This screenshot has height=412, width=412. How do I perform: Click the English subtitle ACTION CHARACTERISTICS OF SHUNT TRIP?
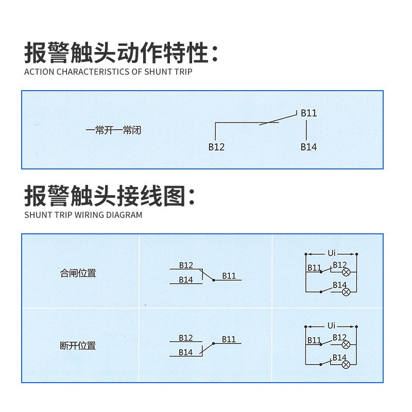(x=108, y=72)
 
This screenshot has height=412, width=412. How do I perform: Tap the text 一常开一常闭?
(x=113, y=130)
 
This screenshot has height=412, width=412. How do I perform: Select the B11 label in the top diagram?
(x=308, y=113)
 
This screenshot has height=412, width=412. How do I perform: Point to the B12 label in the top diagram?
(x=216, y=147)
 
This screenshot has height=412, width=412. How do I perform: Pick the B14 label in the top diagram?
(x=308, y=147)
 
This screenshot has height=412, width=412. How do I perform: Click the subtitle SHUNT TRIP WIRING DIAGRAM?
(x=83, y=215)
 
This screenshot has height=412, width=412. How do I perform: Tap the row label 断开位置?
(x=78, y=346)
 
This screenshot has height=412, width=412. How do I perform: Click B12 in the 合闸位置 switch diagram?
(x=186, y=265)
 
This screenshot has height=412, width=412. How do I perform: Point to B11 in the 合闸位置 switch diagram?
(x=229, y=276)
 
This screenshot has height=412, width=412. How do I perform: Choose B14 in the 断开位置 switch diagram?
(x=186, y=353)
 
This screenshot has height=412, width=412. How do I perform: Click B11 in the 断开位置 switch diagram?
(x=229, y=339)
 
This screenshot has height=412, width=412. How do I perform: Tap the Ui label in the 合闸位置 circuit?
(x=332, y=253)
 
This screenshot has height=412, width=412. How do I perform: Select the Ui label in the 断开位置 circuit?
(x=332, y=326)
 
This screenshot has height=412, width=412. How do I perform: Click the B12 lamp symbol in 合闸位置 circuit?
(x=347, y=271)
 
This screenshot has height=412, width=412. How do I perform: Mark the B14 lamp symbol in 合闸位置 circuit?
(x=347, y=291)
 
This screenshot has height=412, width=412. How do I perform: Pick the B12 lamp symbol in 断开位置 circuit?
(x=347, y=344)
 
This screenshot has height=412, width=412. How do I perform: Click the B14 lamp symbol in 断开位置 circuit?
(x=347, y=364)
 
